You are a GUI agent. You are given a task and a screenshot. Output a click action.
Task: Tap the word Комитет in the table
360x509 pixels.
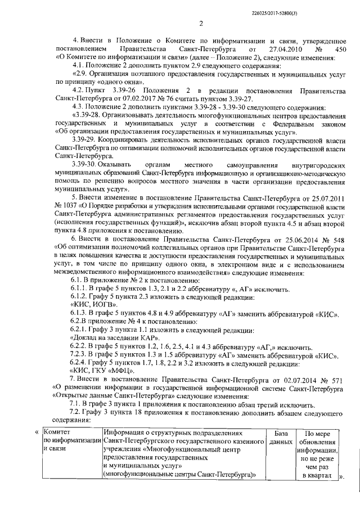(57, 433)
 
